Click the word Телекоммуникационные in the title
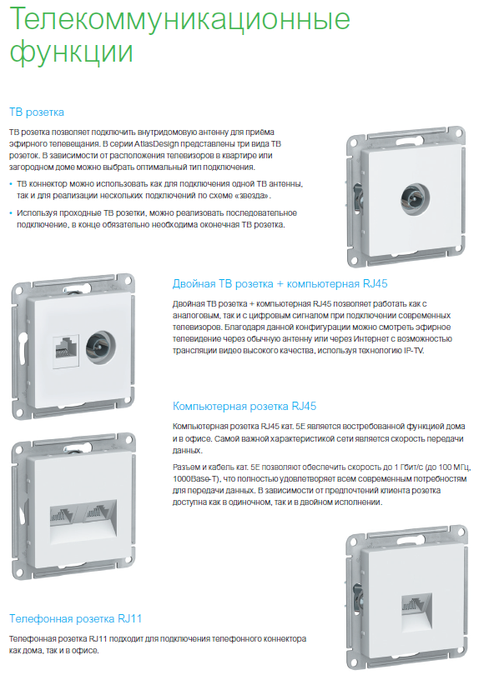click(x=179, y=18)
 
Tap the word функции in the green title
click(x=71, y=52)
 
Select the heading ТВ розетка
click(x=37, y=112)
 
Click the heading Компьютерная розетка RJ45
click(x=245, y=407)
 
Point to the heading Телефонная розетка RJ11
click(x=75, y=619)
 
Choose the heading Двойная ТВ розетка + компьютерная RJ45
click(x=280, y=284)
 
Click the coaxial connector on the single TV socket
click(x=415, y=198)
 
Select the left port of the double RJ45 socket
click(x=63, y=512)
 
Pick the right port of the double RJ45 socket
click(x=98, y=512)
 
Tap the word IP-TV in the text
click(x=414, y=351)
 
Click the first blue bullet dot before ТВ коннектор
click(x=11, y=184)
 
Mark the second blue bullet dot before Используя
click(x=11, y=213)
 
